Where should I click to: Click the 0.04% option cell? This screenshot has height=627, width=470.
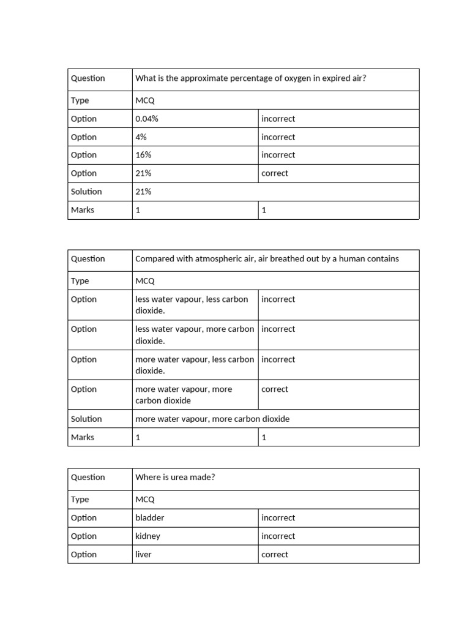tap(147, 119)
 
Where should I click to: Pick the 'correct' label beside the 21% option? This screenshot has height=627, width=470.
tap(275, 173)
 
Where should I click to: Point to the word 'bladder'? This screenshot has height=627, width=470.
tap(150, 518)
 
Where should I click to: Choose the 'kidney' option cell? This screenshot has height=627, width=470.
tap(148, 536)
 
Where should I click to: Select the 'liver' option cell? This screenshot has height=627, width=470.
tap(144, 555)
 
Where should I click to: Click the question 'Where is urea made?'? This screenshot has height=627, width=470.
tap(175, 478)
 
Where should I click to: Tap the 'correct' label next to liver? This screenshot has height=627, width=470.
tap(275, 555)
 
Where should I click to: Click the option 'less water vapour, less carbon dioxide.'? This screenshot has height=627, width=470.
tap(192, 305)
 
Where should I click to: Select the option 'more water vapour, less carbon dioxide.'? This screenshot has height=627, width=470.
tap(194, 365)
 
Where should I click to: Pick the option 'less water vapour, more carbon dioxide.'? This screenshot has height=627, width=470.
tap(194, 335)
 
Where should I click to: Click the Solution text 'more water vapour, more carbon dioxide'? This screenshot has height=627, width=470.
tap(212, 419)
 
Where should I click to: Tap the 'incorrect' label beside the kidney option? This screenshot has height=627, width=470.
tap(278, 536)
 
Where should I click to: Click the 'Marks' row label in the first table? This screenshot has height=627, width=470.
tap(83, 210)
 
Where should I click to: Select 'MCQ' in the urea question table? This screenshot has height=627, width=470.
tap(145, 500)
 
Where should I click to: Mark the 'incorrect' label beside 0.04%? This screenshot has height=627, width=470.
tap(278, 119)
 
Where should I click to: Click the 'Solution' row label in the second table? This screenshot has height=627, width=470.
tap(86, 419)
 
